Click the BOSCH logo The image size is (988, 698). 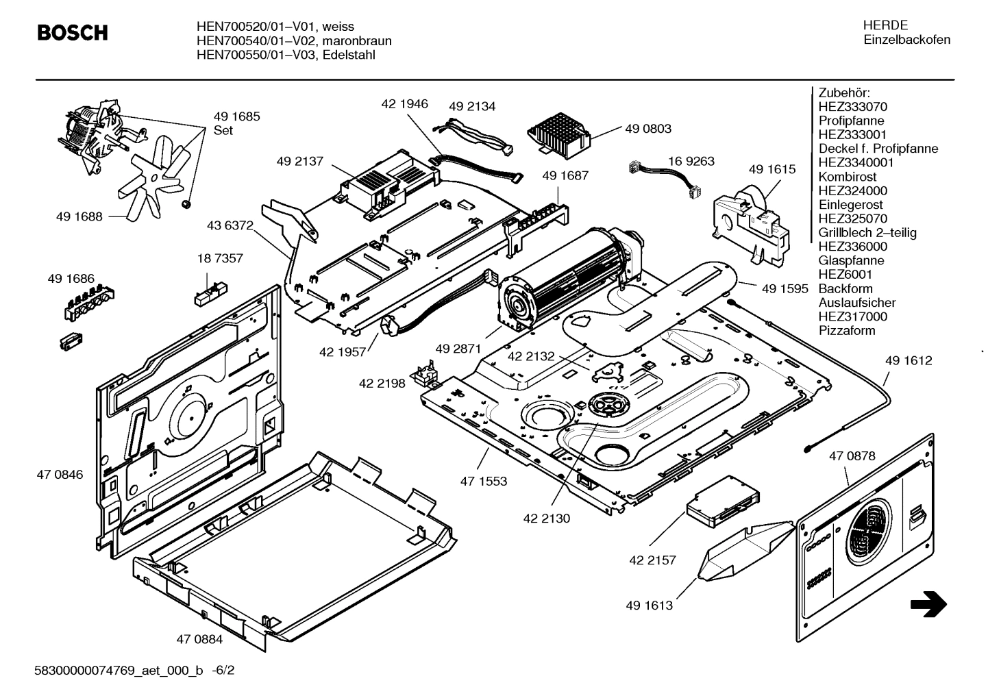coord(72,32)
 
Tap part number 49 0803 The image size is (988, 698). coord(647,129)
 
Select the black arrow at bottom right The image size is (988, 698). coord(928,604)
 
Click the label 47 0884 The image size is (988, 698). coord(199,640)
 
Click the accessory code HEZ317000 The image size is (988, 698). coord(852,316)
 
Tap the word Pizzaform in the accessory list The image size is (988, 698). coord(847,331)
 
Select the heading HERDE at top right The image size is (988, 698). coord(885,25)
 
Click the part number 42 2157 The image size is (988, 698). coord(652,560)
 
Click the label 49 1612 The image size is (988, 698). coord(908,361)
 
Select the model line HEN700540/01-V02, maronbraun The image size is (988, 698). coord(294,40)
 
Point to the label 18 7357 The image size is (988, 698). coord(219,259)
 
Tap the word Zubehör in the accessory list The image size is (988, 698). coord(843,92)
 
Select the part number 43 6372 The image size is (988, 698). coord(230,225)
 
